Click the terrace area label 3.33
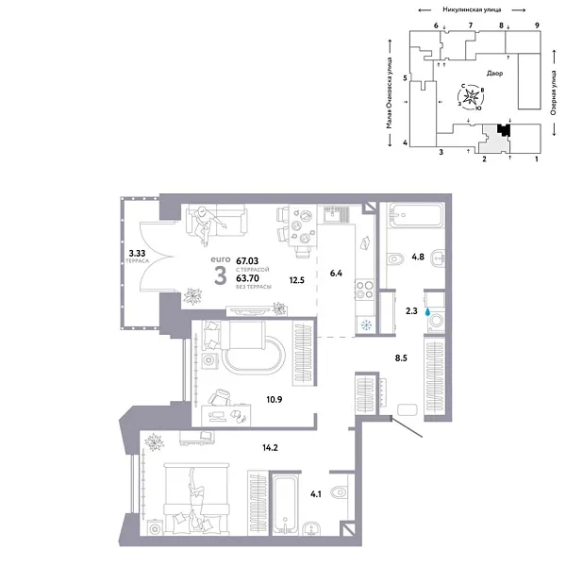click(137, 253)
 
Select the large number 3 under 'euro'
click(220, 275)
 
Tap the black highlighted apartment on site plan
click(505, 133)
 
